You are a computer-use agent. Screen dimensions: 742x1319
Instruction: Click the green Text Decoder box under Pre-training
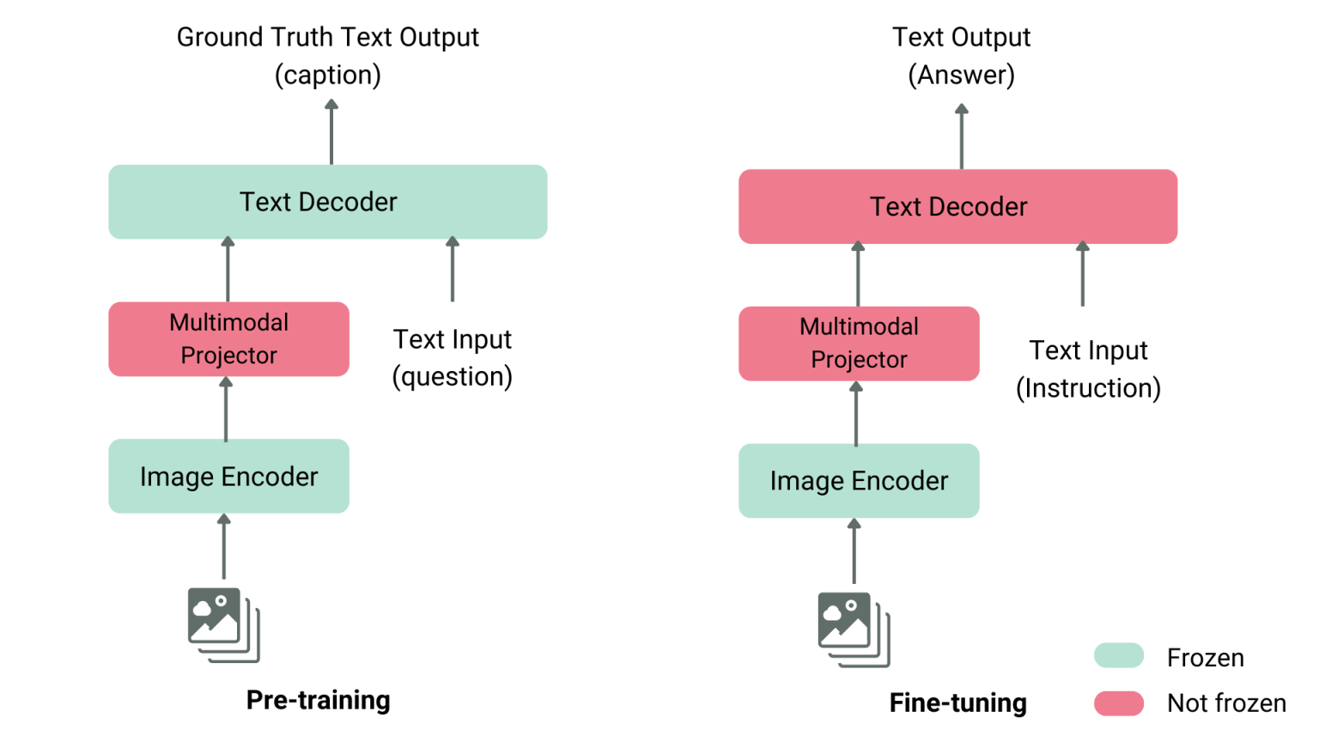[327, 202]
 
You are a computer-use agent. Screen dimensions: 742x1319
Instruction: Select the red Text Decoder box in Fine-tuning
[957, 206]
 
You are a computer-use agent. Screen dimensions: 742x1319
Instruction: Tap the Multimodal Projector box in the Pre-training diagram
[228, 338]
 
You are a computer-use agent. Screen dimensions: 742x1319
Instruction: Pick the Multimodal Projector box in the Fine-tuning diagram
[859, 343]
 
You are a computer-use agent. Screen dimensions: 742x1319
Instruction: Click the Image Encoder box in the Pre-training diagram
[228, 476]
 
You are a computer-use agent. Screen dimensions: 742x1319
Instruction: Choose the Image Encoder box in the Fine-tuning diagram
[859, 480]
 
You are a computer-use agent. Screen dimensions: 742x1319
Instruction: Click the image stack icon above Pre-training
[223, 624]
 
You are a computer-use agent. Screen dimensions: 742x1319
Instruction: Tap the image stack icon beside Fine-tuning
[854, 629]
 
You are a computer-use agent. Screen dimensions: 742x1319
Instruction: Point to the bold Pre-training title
[318, 700]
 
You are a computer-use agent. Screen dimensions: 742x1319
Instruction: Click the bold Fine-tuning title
[957, 702]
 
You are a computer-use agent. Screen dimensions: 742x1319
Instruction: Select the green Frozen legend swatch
[1119, 656]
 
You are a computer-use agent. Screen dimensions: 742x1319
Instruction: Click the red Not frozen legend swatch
[1119, 702]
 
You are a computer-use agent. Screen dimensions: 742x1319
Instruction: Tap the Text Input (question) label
[453, 358]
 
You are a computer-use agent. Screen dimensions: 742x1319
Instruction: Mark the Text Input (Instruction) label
[1088, 369]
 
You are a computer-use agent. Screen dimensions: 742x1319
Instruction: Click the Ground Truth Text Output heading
[327, 38]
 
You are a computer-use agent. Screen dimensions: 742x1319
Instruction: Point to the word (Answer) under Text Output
[961, 76]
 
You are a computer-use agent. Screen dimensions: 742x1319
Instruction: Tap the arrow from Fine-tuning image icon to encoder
[854, 551]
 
